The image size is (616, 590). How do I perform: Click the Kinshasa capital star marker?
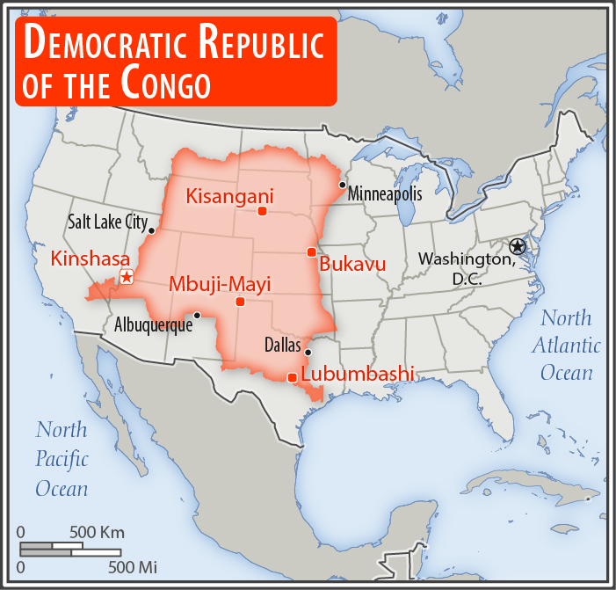(x=127, y=277)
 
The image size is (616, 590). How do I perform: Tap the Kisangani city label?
(x=229, y=196)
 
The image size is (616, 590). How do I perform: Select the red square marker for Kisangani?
(x=262, y=211)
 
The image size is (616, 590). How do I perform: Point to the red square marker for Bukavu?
(x=311, y=252)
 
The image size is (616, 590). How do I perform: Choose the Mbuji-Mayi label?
(x=220, y=283)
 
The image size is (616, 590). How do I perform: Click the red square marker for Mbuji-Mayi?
(x=240, y=302)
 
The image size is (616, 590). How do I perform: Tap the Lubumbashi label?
(x=357, y=374)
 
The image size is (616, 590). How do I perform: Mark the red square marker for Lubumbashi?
(x=292, y=377)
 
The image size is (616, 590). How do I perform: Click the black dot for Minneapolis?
(x=343, y=185)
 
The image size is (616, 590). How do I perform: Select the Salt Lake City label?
(x=107, y=222)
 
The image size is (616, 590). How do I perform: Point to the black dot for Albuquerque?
(x=197, y=315)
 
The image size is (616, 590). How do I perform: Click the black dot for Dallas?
(x=308, y=352)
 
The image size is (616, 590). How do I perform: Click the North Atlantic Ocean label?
(x=566, y=345)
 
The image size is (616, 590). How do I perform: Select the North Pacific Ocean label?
(x=62, y=459)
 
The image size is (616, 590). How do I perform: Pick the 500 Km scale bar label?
(x=98, y=532)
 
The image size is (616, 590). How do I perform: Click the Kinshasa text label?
(x=91, y=259)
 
